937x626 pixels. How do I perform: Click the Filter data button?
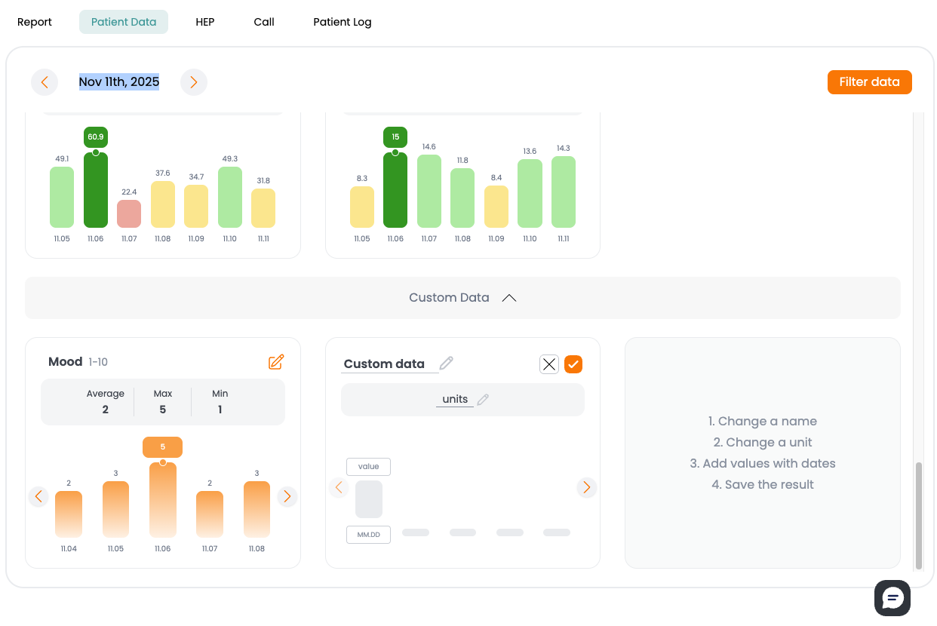coord(869,82)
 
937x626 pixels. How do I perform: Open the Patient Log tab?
coord(342,22)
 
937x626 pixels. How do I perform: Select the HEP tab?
coord(204,22)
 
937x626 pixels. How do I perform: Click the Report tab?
coord(35,22)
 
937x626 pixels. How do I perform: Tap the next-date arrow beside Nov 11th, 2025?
coord(194,82)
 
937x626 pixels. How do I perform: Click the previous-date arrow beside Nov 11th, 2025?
coord(45,82)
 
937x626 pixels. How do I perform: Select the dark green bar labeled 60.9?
coord(96,190)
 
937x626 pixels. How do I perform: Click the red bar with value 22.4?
coord(129,214)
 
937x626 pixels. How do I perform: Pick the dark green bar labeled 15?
coord(395,190)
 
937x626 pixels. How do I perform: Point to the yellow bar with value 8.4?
coord(496,207)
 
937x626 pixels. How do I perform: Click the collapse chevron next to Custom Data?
coord(509,298)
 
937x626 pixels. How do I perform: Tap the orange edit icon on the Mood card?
coord(276,362)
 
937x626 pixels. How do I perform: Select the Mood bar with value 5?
coord(163,499)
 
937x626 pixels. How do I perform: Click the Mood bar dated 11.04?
coord(69,514)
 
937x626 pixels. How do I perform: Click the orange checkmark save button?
coord(573,364)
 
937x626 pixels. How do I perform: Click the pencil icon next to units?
coord(484,400)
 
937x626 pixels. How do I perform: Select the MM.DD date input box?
coord(368,535)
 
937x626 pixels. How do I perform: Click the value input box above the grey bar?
coord(368,467)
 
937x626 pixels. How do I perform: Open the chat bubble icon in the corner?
coord(892,598)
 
